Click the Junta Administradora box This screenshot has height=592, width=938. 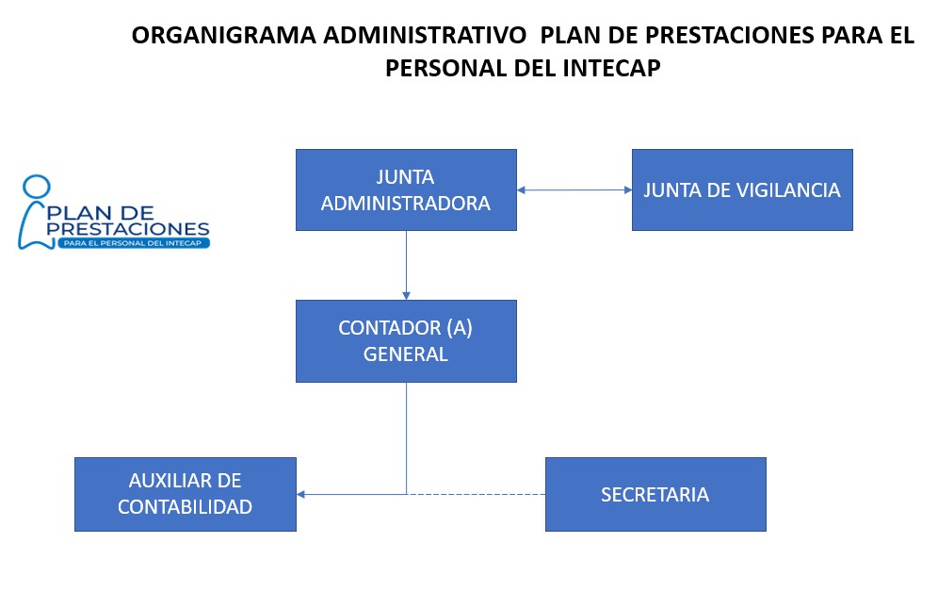coord(406,189)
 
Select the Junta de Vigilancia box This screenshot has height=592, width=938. coord(742,189)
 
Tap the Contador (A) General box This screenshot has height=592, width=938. coord(406,340)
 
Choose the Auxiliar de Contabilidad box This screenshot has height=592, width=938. coord(185,494)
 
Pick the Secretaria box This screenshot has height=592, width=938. coord(655,494)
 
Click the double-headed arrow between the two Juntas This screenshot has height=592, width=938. coord(574,190)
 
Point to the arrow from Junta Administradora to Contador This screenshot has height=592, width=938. coord(406,264)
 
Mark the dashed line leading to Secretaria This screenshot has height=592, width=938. coord(476,494)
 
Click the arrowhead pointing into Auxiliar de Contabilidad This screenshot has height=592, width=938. coord(301,494)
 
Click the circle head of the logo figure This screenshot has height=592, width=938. coord(36,189)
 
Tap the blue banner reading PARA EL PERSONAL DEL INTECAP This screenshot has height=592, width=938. coord(133,243)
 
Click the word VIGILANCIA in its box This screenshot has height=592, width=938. coord(789,189)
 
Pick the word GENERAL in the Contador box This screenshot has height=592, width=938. coord(406,354)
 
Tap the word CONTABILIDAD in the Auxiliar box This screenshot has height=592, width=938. coord(185,507)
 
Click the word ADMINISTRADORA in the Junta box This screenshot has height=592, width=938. coord(406,203)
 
